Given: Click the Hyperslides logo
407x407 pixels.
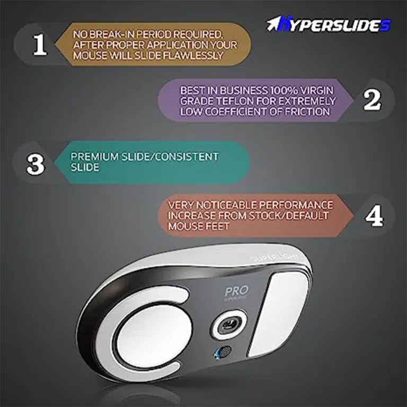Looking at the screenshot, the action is click(x=329, y=25).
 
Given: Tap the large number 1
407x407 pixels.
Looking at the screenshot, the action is click(x=40, y=45).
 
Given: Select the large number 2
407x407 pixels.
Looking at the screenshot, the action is click(x=372, y=100).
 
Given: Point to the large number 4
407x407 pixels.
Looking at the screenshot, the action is click(x=374, y=216).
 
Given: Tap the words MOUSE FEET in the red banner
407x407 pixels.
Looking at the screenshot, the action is click(x=199, y=226).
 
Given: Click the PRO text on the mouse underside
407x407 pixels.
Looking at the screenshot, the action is click(x=236, y=291).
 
